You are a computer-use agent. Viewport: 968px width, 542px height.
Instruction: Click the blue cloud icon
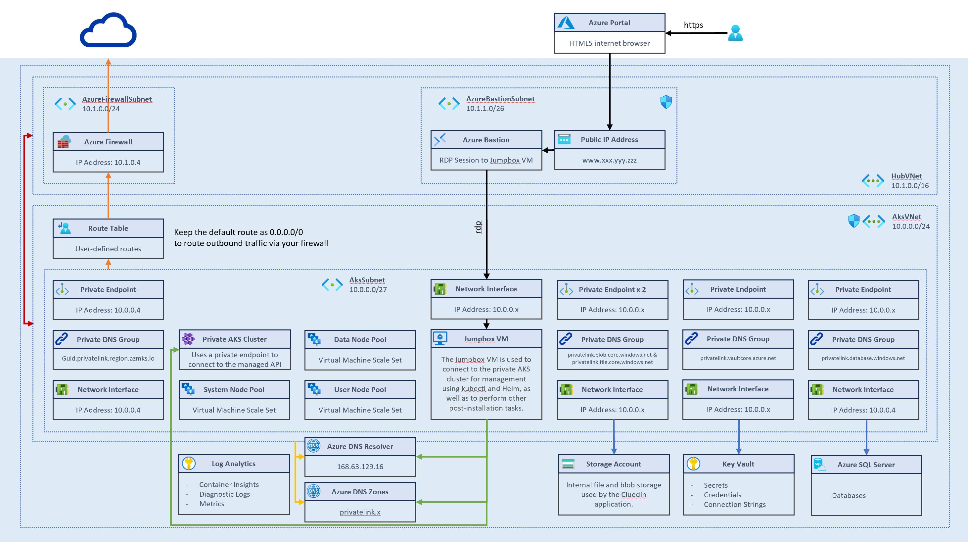coord(108,31)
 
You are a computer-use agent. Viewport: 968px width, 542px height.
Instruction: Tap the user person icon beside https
coord(735,33)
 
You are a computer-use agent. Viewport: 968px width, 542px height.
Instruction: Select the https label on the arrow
coord(693,25)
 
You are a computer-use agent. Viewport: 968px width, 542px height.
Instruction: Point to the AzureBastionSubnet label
coord(500,99)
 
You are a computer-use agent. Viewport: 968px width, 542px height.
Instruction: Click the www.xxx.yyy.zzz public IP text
coord(609,160)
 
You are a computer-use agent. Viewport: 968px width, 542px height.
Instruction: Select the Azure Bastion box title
coord(485,140)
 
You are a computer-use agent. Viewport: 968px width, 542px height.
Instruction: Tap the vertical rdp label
coord(478,227)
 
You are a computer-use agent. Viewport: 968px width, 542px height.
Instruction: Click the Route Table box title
coord(108,228)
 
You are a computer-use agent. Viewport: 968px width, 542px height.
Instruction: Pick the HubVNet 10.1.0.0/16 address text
coord(909,185)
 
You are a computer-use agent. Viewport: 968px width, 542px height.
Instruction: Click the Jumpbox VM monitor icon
coord(440,338)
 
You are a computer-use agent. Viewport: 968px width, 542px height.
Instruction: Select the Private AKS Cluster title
coord(235,339)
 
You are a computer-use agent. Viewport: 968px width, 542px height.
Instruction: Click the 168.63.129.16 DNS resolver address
coord(360,467)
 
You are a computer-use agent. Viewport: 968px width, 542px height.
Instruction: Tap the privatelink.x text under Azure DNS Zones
coord(360,512)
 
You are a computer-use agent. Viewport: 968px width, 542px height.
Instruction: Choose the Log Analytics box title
coord(233,464)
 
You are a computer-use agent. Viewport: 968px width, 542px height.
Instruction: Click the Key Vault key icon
coord(693,464)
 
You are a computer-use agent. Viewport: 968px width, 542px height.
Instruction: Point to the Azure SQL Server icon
coord(819,465)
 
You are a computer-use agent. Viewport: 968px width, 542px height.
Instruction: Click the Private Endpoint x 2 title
coord(612,289)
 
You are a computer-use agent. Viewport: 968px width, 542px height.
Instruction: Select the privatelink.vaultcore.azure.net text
coord(738,358)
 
